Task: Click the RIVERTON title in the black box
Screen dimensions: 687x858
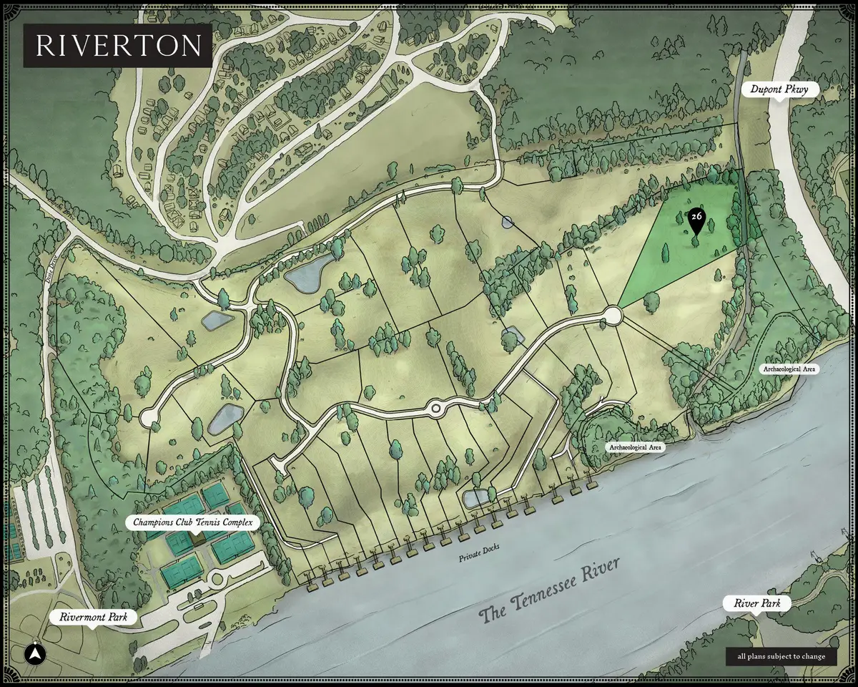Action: tap(118, 45)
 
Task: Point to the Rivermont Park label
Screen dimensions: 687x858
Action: tap(92, 617)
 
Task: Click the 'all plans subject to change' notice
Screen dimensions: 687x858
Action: tap(781, 656)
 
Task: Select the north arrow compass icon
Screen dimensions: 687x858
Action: tap(34, 653)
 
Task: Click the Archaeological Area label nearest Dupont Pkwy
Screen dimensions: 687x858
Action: tap(789, 369)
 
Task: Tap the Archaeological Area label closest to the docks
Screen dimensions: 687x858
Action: tap(636, 447)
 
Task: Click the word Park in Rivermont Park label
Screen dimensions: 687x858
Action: tap(114, 617)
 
